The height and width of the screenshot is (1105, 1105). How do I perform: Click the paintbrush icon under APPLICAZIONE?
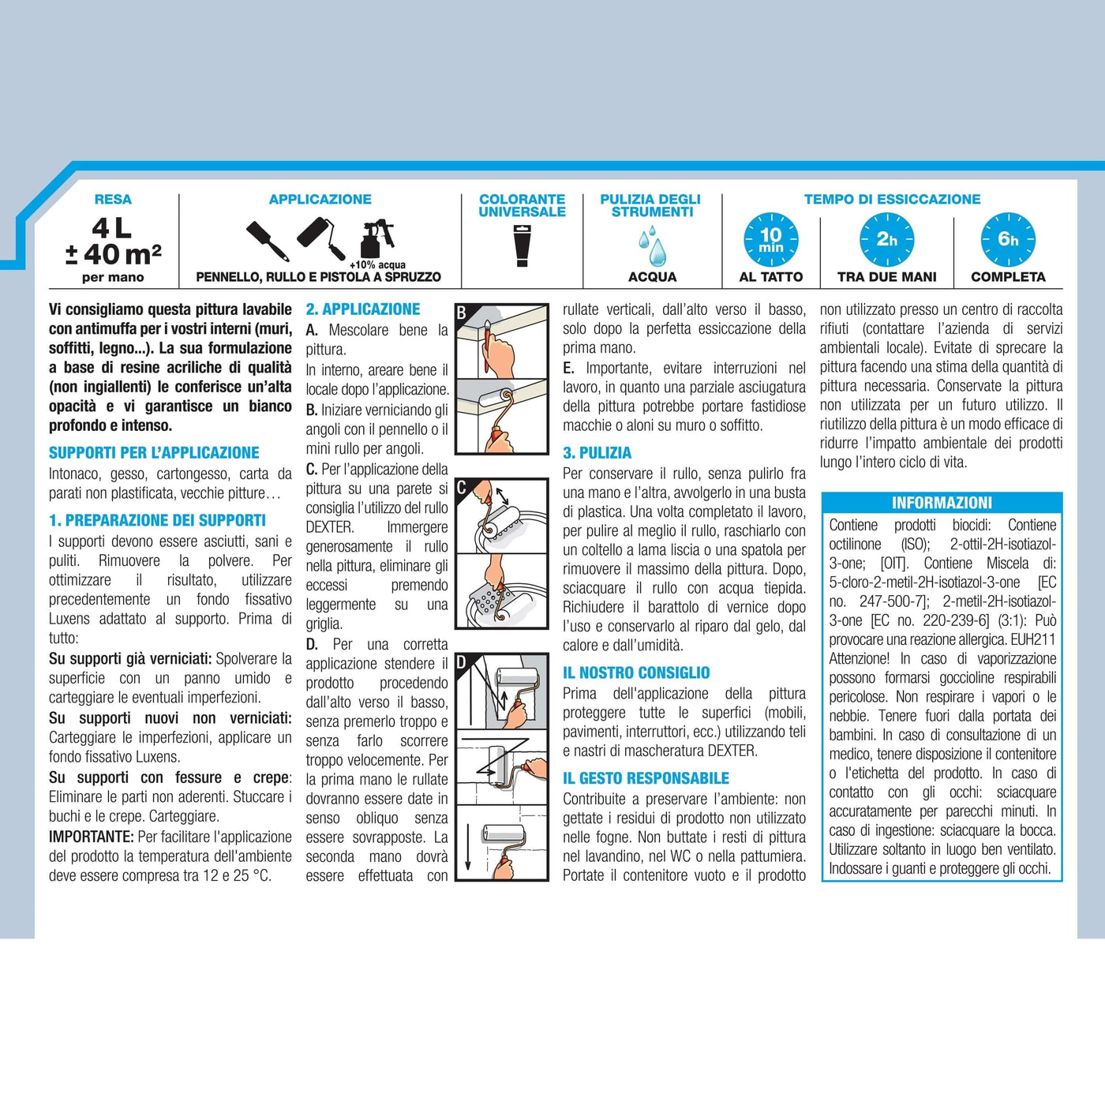click(x=268, y=240)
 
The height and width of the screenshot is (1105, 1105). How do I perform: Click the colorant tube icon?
click(x=521, y=246)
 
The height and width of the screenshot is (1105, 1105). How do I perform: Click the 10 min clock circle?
click(x=770, y=240)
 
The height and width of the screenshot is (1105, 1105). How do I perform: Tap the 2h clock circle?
click(x=886, y=240)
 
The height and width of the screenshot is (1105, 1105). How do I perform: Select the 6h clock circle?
click(x=1008, y=240)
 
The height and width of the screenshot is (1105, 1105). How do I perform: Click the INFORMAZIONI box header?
click(x=942, y=503)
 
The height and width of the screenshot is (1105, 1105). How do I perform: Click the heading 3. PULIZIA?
click(x=597, y=453)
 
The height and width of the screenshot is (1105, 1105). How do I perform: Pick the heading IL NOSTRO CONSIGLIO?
click(x=636, y=672)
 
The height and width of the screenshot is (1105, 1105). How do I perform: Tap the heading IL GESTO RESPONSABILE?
click(x=646, y=778)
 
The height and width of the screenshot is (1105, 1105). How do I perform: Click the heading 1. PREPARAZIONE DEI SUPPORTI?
click(x=157, y=520)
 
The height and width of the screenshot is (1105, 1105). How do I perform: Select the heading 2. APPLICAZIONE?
click(x=362, y=309)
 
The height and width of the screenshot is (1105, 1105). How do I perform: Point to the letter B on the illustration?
click(x=462, y=313)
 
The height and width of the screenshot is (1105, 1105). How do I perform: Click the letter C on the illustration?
click(x=462, y=488)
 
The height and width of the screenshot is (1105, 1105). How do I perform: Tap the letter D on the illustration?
click(x=462, y=663)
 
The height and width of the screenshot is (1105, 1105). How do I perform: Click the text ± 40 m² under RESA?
click(x=113, y=255)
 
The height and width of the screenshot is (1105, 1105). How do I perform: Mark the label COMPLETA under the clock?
click(x=1008, y=277)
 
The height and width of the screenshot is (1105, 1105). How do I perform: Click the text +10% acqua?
click(x=377, y=265)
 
